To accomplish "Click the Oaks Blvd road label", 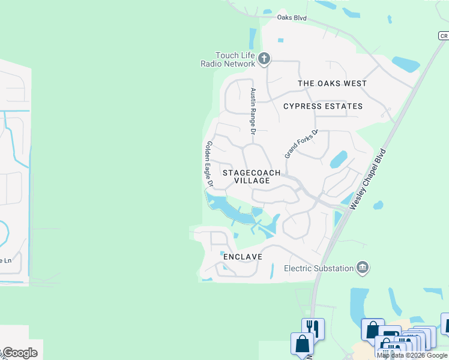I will (x=292, y=18).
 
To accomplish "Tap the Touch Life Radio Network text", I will (x=228, y=59).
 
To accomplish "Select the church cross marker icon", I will (x=265, y=59).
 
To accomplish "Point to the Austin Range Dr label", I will (x=253, y=112).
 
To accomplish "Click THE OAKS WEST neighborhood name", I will (x=332, y=83).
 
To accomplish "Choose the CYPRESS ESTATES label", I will (x=323, y=106).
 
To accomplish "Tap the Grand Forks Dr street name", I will (x=301, y=144).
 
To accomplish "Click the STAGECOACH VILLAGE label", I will (x=252, y=176).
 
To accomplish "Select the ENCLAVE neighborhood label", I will (x=243, y=257).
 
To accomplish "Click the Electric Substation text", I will (x=319, y=268).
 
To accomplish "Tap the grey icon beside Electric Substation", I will (x=363, y=268).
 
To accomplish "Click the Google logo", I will (x=20, y=353).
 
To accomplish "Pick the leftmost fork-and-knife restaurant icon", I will (x=313, y=328).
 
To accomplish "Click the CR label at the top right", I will (x=443, y=36).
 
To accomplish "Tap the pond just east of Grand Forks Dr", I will (x=338, y=159).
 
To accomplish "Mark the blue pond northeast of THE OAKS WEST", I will (x=405, y=64).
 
